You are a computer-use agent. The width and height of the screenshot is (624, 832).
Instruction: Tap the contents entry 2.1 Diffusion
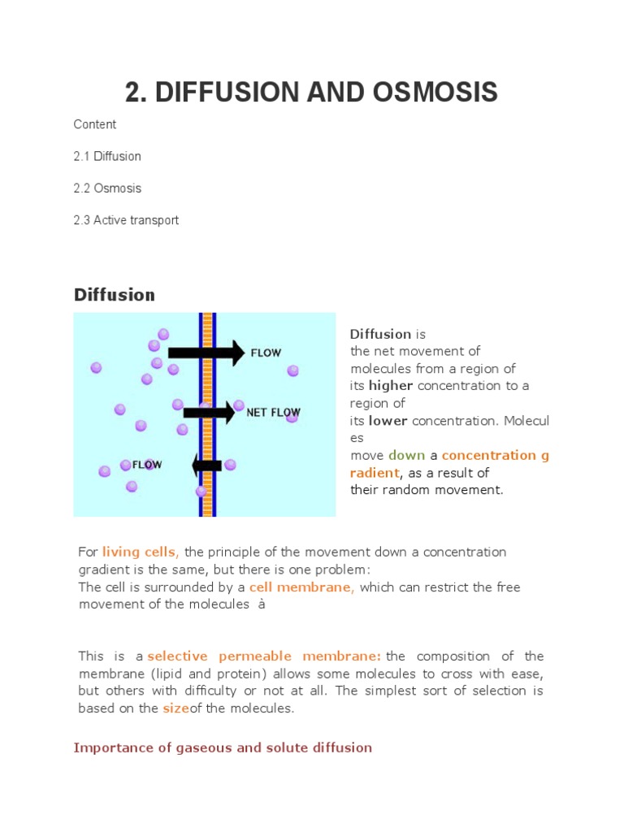[x=107, y=156]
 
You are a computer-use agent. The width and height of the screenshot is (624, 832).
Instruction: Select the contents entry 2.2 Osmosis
[x=107, y=188]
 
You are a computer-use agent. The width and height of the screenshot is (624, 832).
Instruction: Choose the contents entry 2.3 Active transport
[x=126, y=220]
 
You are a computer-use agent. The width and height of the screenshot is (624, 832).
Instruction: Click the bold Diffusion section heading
[x=115, y=294]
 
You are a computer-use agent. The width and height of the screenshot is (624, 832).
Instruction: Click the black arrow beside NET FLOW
[x=209, y=413]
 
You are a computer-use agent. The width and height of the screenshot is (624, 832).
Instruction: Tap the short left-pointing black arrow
[x=206, y=466]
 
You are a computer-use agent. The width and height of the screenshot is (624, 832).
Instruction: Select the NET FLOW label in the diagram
[x=273, y=413]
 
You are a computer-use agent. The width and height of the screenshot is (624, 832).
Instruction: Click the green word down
[x=406, y=455]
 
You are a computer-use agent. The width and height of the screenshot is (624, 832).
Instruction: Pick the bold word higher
[x=391, y=386]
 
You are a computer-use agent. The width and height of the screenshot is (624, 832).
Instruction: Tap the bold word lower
[x=388, y=421]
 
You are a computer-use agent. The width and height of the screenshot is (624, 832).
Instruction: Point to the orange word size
[x=175, y=708]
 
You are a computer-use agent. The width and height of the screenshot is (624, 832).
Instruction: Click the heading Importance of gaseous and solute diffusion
[x=223, y=747]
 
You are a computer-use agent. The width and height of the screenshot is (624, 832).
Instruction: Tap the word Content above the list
[x=95, y=124]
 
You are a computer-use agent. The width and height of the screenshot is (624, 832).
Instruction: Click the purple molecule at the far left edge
[x=96, y=367]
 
